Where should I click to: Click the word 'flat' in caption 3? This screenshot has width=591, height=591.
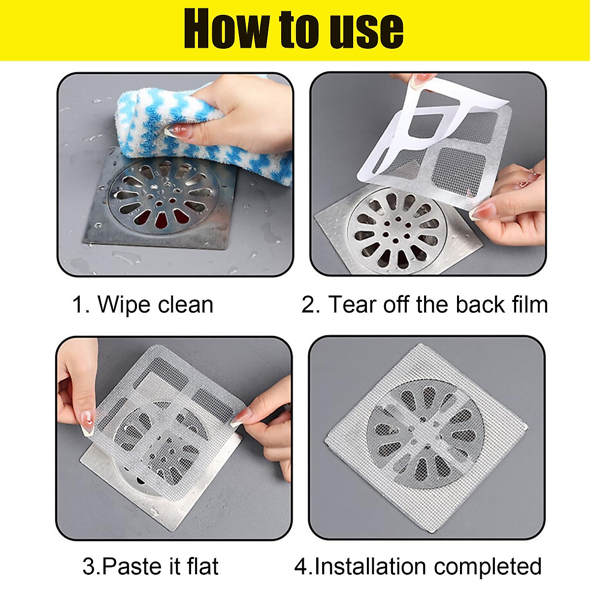(x=202, y=566)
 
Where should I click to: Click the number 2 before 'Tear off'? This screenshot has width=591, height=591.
(x=310, y=304)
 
